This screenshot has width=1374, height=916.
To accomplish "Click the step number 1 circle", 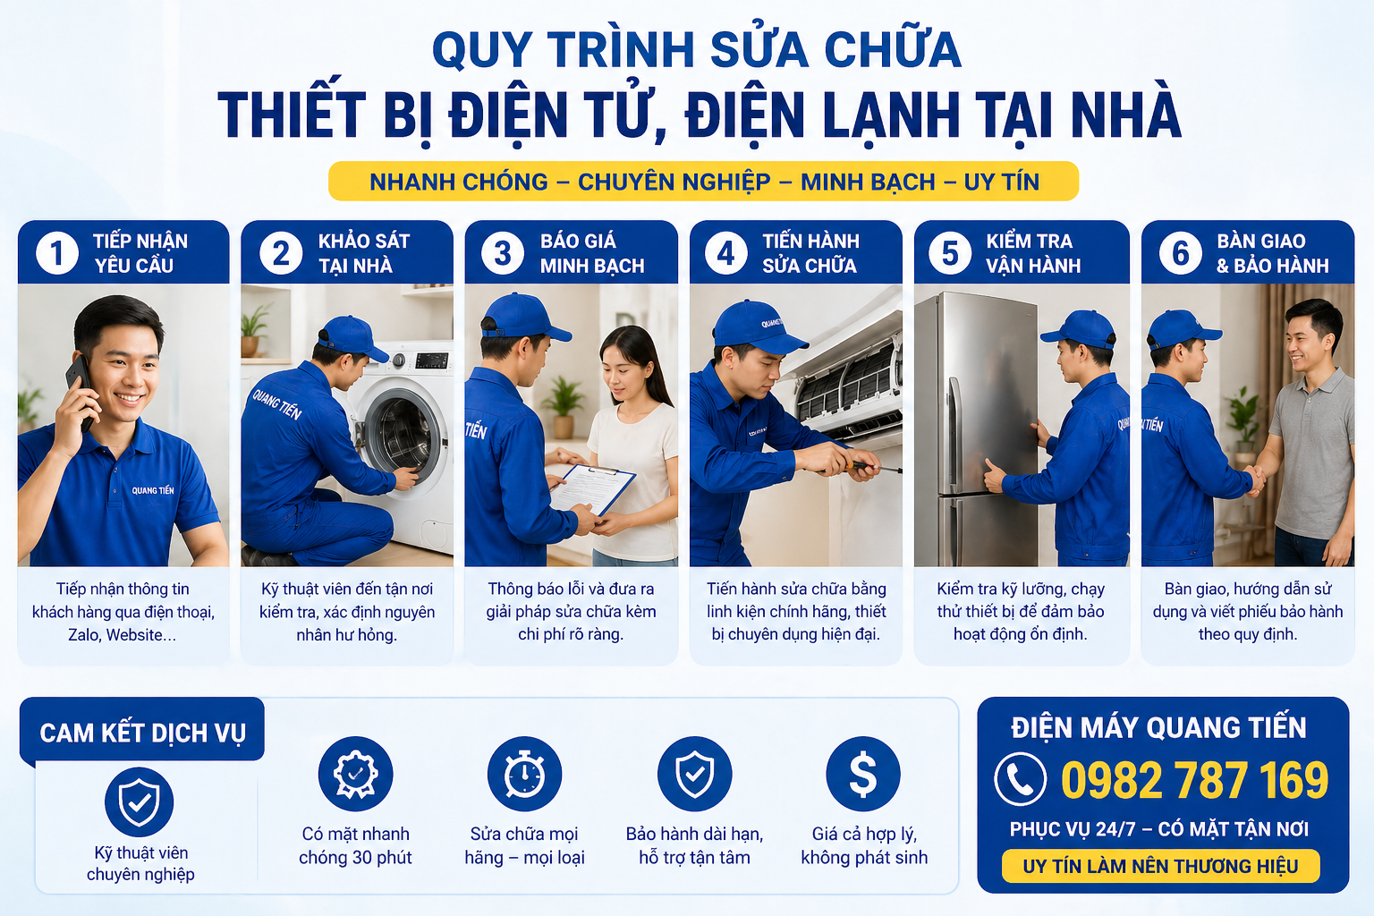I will coord(57,253).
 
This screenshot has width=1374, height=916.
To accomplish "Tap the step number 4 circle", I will coord(725,253).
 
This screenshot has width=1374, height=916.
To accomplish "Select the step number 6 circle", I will coord(1180,253).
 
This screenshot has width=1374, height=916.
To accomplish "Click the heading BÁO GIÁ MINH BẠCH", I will coord(591,253).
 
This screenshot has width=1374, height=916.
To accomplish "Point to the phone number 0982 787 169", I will coord(1194,780).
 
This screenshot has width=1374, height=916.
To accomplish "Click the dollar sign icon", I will coord(863,774).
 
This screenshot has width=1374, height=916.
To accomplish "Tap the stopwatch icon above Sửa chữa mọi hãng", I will coord(524,774).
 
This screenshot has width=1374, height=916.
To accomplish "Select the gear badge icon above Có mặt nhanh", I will coord(355,774).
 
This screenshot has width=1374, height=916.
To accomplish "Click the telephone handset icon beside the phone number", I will coord(1020,779).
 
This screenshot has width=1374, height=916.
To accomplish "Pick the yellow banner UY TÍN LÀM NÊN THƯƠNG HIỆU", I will coord(1160,866).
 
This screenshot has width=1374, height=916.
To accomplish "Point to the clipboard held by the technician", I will coord(592,488).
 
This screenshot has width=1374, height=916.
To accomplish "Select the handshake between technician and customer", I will coord(1256,479).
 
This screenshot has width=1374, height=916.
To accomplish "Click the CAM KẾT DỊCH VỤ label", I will coord(142,733).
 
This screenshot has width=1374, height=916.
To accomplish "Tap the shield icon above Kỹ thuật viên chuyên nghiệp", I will coord(139,801).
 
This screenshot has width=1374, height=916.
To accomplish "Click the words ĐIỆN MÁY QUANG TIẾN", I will coord(1158,728).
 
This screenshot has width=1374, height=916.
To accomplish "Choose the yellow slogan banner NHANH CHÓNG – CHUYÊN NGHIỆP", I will coord(703,182).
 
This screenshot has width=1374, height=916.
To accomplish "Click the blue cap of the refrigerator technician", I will coord(1081,329).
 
